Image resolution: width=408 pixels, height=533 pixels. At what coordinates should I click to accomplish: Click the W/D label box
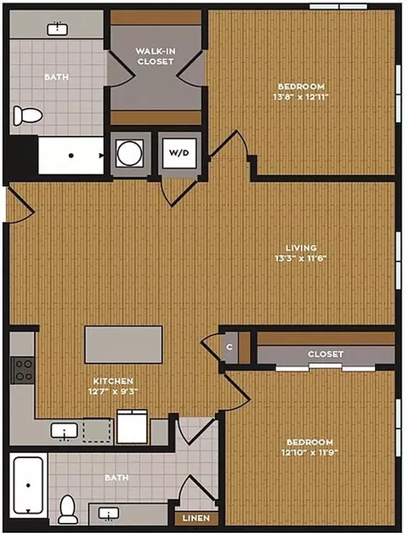pyautogui.click(x=179, y=153)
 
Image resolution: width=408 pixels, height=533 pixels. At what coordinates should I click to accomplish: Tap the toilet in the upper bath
pyautogui.click(x=27, y=116)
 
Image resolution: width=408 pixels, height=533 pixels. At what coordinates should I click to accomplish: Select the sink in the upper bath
pyautogui.click(x=58, y=29)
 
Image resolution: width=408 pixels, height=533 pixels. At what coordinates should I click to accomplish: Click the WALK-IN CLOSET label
pyautogui.click(x=156, y=56)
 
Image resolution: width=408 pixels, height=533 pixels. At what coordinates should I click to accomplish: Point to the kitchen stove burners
pyautogui.click(x=23, y=370)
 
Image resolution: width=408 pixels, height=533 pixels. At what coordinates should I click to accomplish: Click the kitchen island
pyautogui.click(x=123, y=344)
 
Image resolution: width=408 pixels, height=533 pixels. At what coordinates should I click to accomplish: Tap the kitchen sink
pyautogui.click(x=64, y=431)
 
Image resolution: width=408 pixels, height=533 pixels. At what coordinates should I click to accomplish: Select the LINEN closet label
pyautogui.click(x=195, y=519)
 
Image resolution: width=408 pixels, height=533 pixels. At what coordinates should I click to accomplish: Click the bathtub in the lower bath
pyautogui.click(x=28, y=485)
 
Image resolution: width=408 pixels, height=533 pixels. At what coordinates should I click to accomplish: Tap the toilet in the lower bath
pyautogui.click(x=68, y=509)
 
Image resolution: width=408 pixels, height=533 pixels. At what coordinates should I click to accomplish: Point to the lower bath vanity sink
pyautogui.click(x=109, y=513)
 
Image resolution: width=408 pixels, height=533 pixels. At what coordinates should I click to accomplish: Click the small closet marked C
pyautogui.click(x=229, y=347)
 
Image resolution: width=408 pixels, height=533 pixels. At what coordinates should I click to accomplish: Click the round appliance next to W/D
pyautogui.click(x=129, y=153)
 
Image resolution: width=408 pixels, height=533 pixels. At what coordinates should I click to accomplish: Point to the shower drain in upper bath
pyautogui.click(x=71, y=156)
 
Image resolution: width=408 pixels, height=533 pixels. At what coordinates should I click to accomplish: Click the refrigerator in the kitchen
pyautogui.click(x=132, y=427)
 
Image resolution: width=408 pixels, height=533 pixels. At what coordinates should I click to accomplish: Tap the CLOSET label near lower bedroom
pyautogui.click(x=326, y=354)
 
